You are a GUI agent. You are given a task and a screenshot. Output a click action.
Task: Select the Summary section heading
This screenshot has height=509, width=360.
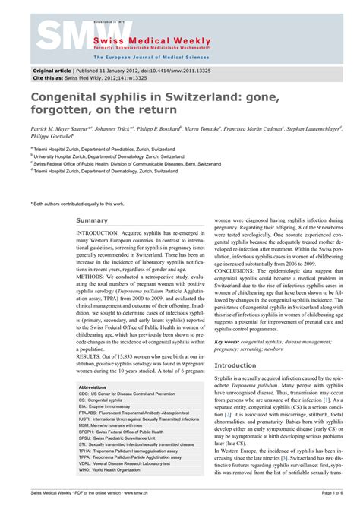(92, 221)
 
